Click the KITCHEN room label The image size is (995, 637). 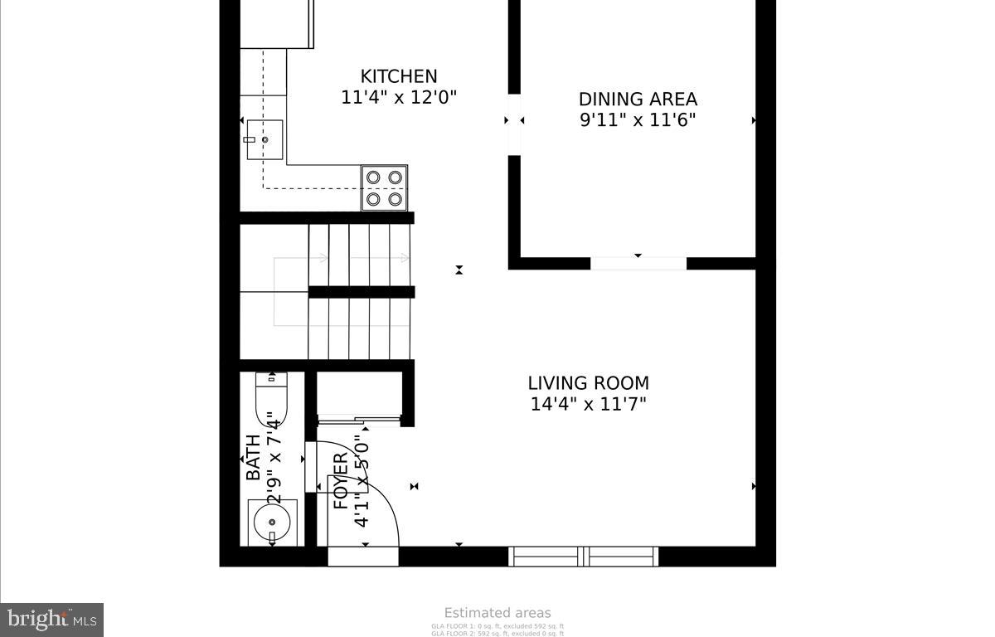point(398,76)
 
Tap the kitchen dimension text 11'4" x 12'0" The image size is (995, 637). point(399,97)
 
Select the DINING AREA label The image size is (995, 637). point(638,100)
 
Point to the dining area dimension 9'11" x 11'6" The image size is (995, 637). point(638,120)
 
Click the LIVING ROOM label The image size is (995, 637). point(588,383)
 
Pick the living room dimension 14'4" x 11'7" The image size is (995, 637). point(588,405)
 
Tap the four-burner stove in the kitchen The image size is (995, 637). point(384,187)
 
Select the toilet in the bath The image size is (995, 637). point(270,401)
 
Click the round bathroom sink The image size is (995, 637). point(270,523)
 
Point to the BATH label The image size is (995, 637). point(253,458)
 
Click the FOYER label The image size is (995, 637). point(341,481)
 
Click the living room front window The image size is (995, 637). point(584,556)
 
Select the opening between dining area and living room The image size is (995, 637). point(638,264)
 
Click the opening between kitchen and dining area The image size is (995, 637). point(514,124)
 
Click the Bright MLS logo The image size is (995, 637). point(51,620)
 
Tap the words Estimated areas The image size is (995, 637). point(498,613)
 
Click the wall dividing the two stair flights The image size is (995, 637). point(362,292)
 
